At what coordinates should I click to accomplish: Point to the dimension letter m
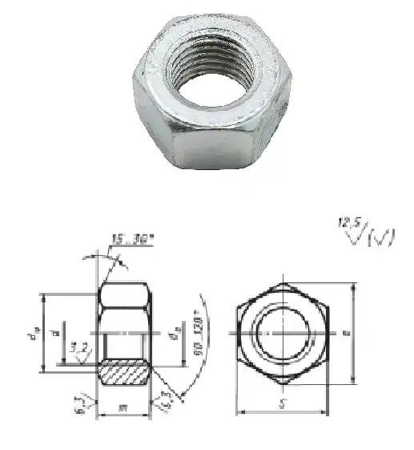click(x=123, y=408)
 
